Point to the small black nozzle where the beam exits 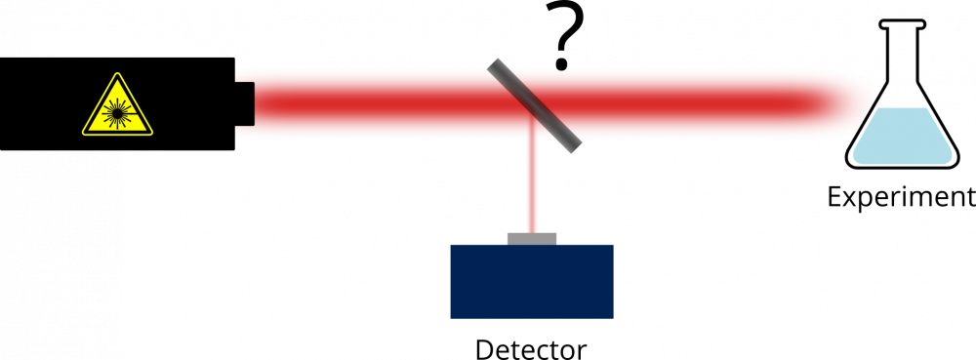click(245, 103)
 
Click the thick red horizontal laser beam click(390, 103)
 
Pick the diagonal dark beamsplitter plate click(536, 105)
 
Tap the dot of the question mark click(561, 66)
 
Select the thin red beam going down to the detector click(532, 190)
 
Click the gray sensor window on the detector click(532, 238)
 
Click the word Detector click(531, 348)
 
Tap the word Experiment click(900, 198)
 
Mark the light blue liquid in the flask click(901, 137)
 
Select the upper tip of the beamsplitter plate click(496, 63)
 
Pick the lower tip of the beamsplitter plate click(575, 146)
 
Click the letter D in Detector click(485, 348)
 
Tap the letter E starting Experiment click(835, 198)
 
